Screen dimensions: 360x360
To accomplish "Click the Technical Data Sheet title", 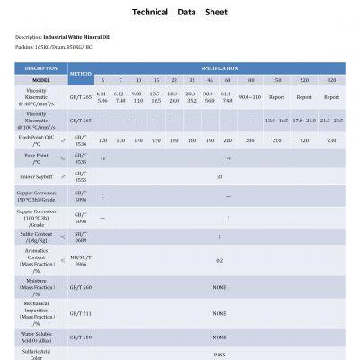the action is pos(180,13).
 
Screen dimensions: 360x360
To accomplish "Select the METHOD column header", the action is pos(81,73).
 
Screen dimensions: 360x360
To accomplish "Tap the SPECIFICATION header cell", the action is pos(219,68).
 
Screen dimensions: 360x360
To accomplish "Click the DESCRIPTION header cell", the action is pos(40,68).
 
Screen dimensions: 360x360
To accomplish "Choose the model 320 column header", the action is pos(331,79).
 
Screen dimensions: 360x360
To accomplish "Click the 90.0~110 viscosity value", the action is pos(249,96).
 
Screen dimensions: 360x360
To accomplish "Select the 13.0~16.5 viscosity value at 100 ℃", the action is pos(276,120).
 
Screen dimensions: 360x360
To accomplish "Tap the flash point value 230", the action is pos(331,140).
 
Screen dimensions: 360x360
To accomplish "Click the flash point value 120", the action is pos(103,140).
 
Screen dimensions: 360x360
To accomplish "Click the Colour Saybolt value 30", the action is pos(219,176).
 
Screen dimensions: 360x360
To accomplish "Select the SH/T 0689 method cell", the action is pos(81,238).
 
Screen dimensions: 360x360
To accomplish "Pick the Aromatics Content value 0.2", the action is pos(219,261).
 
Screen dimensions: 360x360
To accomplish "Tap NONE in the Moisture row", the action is pos(219,287).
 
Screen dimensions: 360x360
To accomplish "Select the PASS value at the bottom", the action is pos(219,355).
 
